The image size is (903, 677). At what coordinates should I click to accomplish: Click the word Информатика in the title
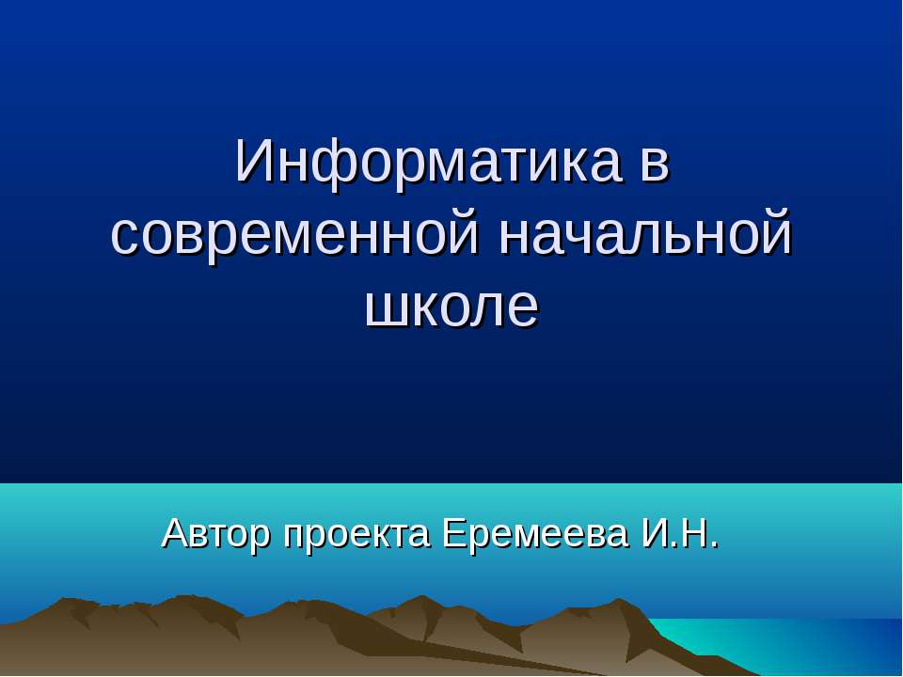point(428,162)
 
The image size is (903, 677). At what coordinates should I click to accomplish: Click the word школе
point(451,307)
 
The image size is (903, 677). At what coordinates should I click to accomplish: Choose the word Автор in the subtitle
point(217,533)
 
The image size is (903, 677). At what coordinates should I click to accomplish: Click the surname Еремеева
point(534,533)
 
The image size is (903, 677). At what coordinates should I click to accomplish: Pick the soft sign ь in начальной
point(681,238)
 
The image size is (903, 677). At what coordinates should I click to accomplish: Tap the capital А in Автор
point(175,533)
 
